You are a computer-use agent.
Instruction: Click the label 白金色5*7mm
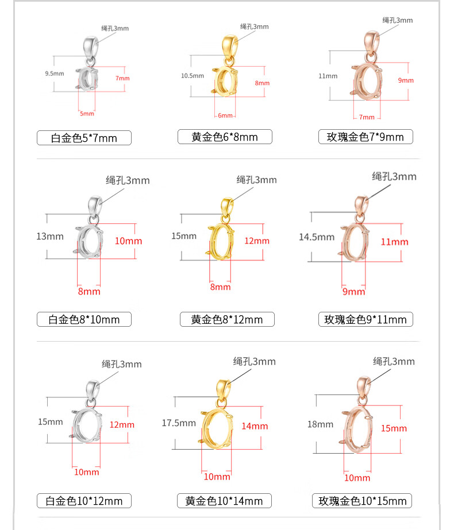(x=84, y=138)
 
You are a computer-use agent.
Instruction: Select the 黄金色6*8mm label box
(x=225, y=137)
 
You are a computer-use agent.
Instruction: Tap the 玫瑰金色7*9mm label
(x=365, y=137)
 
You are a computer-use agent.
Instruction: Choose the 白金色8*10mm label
(x=84, y=319)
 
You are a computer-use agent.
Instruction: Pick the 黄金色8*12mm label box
(x=227, y=319)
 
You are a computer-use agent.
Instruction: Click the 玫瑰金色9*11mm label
(x=365, y=319)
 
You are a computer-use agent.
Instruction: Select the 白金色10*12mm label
(x=84, y=501)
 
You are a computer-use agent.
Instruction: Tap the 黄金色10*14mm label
(x=224, y=501)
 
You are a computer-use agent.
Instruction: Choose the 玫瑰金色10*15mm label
(x=362, y=501)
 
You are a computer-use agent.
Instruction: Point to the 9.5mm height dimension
(x=55, y=73)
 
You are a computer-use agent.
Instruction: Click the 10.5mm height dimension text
(x=192, y=76)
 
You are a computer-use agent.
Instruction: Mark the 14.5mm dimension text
(x=317, y=237)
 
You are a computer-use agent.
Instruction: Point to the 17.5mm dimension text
(x=179, y=423)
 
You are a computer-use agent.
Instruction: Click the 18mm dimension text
(x=320, y=424)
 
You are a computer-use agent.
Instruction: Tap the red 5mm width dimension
(x=87, y=114)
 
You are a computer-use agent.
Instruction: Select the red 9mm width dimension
(x=353, y=291)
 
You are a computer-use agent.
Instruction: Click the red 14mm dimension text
(x=255, y=426)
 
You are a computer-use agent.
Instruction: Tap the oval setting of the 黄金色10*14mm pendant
(x=217, y=428)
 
